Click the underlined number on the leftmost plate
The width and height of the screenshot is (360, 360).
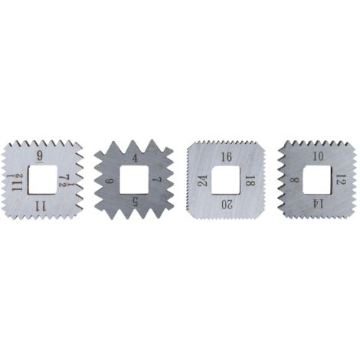[x=40, y=156]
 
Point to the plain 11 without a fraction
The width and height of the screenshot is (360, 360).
[x=41, y=205]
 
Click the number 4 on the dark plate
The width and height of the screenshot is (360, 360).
[x=135, y=159]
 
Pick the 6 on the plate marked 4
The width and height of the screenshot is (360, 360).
[x=110, y=181]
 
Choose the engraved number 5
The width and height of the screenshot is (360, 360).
[x=135, y=202]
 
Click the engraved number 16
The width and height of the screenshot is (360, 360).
[x=227, y=157]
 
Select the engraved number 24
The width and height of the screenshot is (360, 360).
[x=203, y=181]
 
